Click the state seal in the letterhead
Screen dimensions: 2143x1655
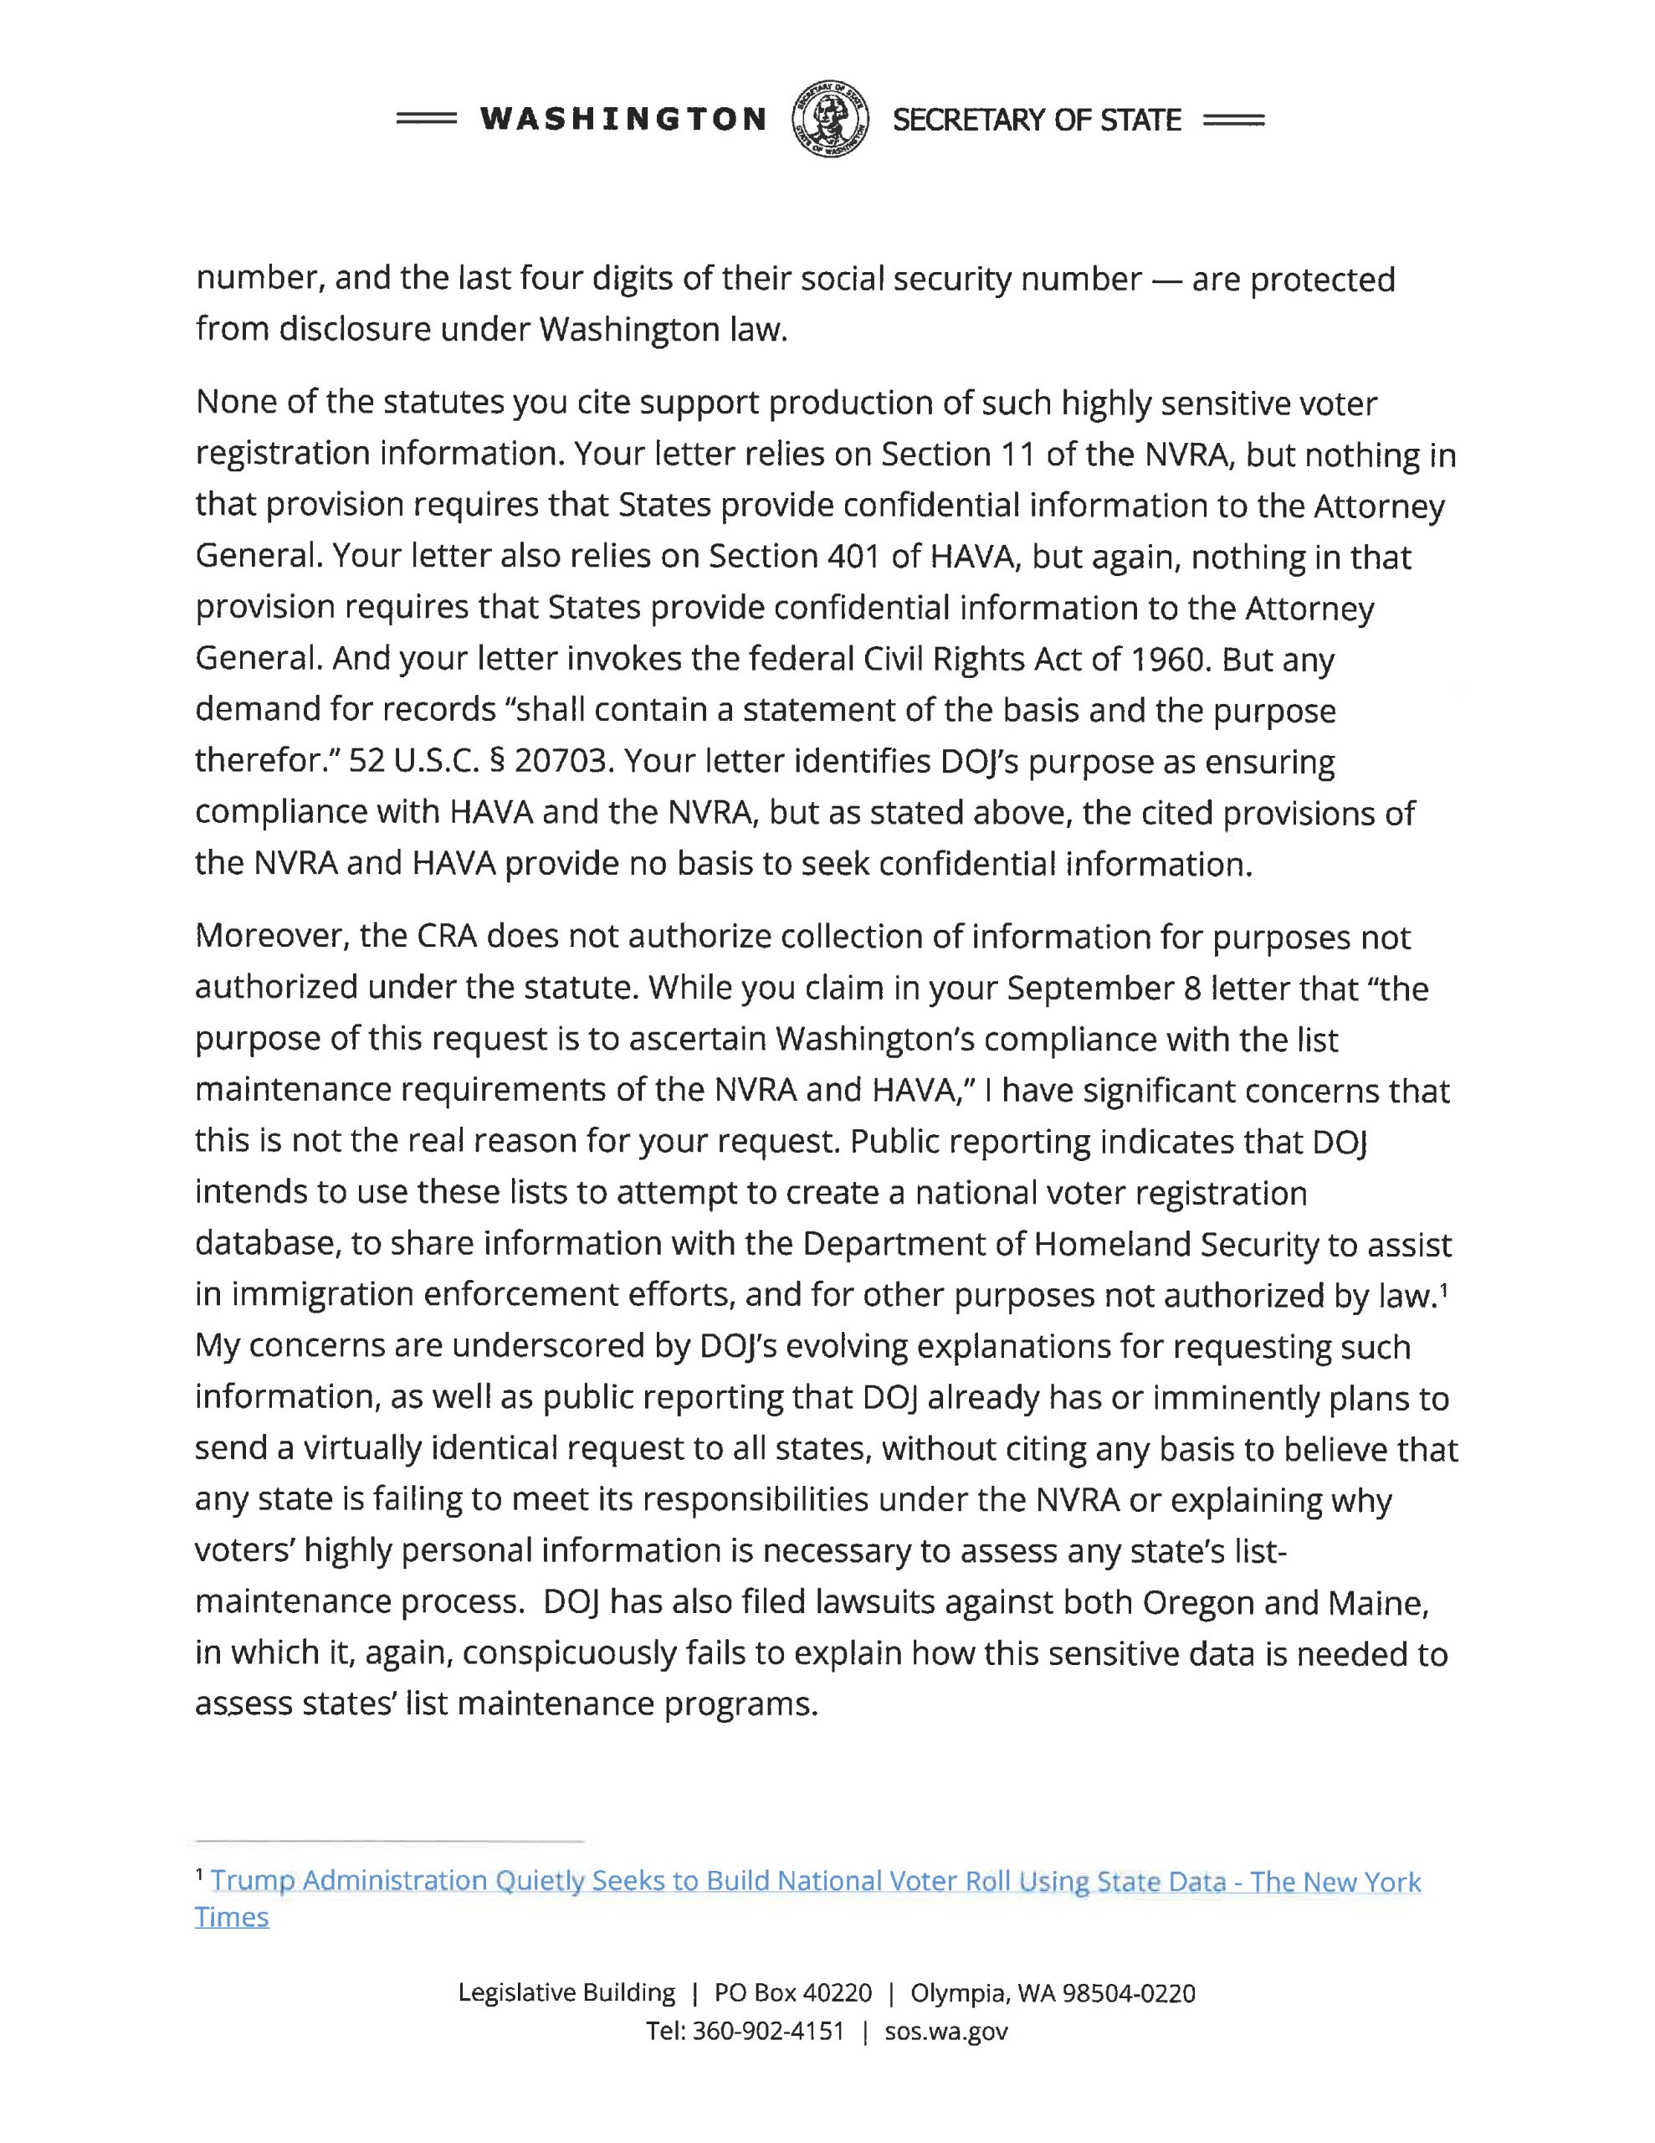tap(829, 119)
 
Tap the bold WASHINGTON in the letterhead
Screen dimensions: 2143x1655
tap(623, 120)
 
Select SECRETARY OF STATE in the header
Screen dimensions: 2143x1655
tap(1036, 120)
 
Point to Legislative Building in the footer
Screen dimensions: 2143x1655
tap(566, 1993)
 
